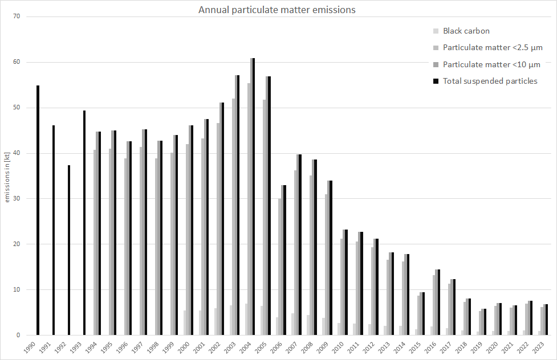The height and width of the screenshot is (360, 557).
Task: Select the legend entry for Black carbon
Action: (466, 31)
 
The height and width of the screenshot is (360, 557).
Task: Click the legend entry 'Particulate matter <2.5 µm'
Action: (492, 47)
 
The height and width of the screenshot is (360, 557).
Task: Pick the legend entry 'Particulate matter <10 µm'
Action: (491, 64)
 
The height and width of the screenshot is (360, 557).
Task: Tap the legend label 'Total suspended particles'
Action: (490, 81)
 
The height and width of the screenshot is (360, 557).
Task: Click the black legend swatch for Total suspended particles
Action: (436, 81)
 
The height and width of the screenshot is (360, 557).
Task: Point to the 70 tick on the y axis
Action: (17, 17)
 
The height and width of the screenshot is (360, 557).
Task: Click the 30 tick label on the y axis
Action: (17, 199)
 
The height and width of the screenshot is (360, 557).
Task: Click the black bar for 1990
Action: (38, 210)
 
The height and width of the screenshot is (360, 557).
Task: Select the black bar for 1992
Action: (68, 250)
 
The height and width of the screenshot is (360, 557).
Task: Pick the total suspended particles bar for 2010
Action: (345, 283)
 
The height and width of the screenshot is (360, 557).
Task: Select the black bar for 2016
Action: (438, 302)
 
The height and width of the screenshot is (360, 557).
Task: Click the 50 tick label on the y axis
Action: (17, 108)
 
